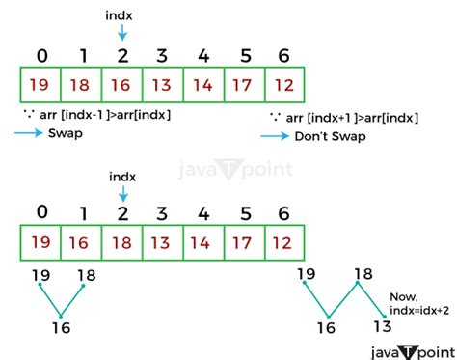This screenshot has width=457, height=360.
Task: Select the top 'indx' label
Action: pos(121,16)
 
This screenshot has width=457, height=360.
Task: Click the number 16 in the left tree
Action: pos(60,327)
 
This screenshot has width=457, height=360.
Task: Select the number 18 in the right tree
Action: pos(363,274)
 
